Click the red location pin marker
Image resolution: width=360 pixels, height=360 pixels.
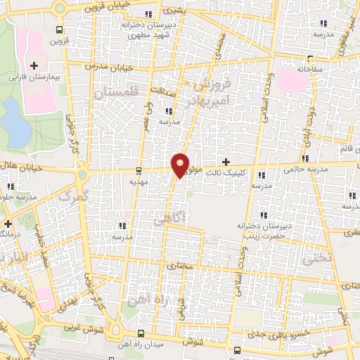(181, 165)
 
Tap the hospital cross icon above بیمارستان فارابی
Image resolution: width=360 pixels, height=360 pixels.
(33, 65)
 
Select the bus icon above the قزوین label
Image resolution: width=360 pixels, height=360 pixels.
(60, 30)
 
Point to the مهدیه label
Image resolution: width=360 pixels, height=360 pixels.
(137, 181)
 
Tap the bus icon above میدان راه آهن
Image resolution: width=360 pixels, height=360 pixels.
(141, 333)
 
